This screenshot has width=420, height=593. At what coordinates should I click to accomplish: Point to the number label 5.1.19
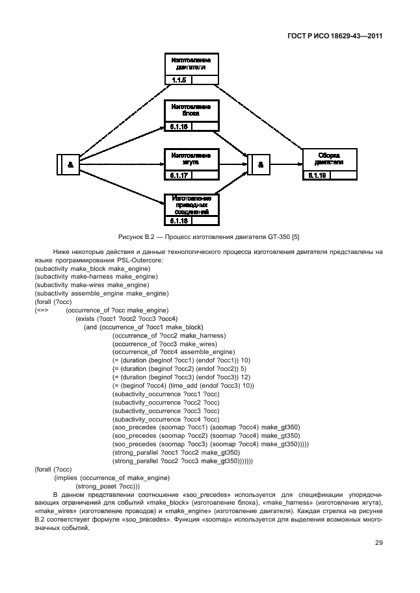pos(317,175)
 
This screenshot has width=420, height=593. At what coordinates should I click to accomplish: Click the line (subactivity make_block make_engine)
pos(92,268)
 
